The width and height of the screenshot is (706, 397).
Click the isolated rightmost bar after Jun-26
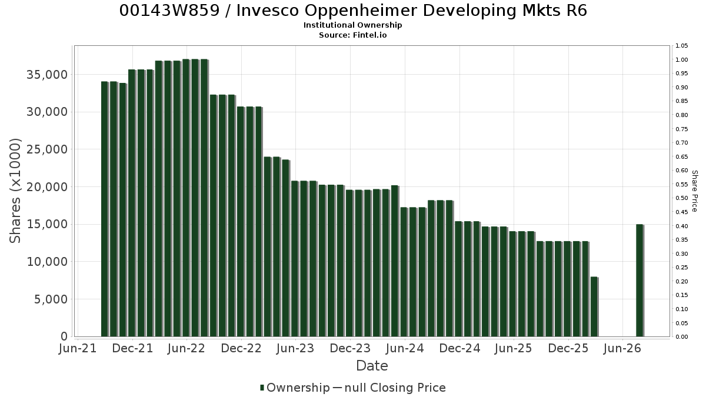coord(640,281)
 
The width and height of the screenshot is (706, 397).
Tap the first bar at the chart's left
coord(105,209)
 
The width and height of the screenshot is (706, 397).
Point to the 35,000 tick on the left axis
coord(47,75)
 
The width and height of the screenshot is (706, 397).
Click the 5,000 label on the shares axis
coord(51,299)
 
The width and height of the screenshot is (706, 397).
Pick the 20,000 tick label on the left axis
coord(47,187)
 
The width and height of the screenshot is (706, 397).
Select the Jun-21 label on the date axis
coord(78,348)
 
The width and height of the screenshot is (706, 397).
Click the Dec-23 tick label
coord(350,348)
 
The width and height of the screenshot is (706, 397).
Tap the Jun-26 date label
coord(622,348)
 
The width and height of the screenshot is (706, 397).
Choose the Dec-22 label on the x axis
coord(241,348)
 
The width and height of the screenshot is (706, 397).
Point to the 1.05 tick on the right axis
coord(681,46)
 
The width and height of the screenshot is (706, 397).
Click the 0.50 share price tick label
coord(681,198)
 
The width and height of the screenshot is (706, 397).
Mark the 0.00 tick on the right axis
coord(681,337)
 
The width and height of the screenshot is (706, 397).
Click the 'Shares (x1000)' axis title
coord(15,191)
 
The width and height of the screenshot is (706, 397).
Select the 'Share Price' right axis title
coord(695,191)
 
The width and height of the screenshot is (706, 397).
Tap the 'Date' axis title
coord(372,366)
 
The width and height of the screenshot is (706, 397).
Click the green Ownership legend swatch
coord(262,388)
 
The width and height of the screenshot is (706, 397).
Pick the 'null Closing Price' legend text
coord(395,388)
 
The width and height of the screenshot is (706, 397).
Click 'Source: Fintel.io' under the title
coord(352,35)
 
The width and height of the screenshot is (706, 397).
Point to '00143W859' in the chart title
coord(169,11)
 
